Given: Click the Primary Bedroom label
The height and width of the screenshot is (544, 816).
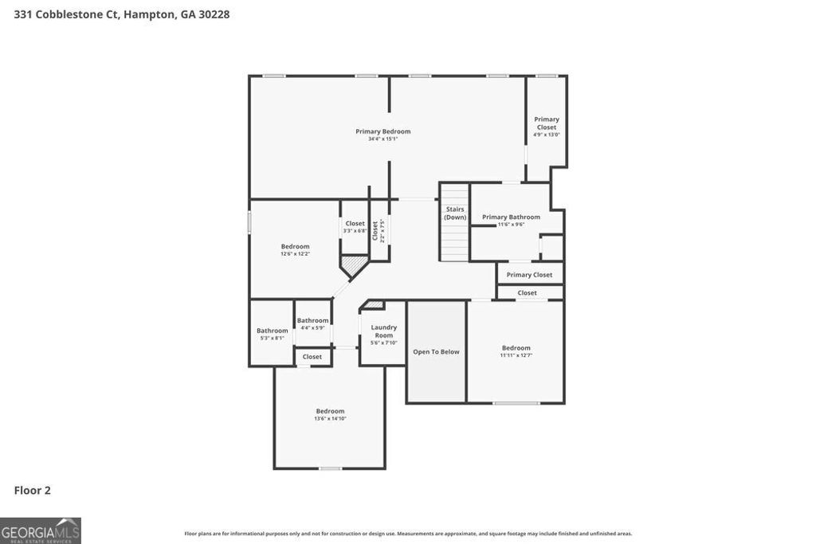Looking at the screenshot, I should (382, 131).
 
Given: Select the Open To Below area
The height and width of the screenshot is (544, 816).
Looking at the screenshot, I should (436, 351).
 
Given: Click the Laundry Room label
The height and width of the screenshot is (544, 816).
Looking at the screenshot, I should (383, 331).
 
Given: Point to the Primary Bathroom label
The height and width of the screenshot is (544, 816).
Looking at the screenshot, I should (511, 217).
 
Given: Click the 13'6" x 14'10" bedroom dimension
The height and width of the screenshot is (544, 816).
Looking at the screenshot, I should (330, 418).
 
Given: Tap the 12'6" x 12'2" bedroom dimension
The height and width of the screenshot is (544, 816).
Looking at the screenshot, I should (295, 254).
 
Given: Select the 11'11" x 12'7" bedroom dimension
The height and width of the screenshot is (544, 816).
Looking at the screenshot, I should (516, 355).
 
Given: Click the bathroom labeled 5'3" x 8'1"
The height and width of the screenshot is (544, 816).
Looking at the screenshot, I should (272, 334).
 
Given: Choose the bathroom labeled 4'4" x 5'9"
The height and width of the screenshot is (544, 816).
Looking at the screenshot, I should (312, 323).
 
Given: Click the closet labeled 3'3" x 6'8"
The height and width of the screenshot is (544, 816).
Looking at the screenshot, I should (355, 227).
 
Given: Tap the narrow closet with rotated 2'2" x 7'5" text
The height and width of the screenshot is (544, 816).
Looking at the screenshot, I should (379, 230).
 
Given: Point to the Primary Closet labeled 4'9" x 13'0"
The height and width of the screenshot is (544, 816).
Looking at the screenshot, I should (546, 126).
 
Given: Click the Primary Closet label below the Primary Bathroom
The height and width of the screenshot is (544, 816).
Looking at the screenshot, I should (529, 275).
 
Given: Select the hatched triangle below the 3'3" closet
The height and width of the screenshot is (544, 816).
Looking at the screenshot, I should (353, 264).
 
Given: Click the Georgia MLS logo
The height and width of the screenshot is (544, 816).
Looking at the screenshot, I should (41, 530).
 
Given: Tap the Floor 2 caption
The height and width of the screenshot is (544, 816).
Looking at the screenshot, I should (32, 491).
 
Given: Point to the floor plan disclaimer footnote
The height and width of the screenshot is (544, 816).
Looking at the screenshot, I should (408, 534).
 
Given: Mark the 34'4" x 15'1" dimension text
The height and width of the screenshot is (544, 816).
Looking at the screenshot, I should (382, 139).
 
